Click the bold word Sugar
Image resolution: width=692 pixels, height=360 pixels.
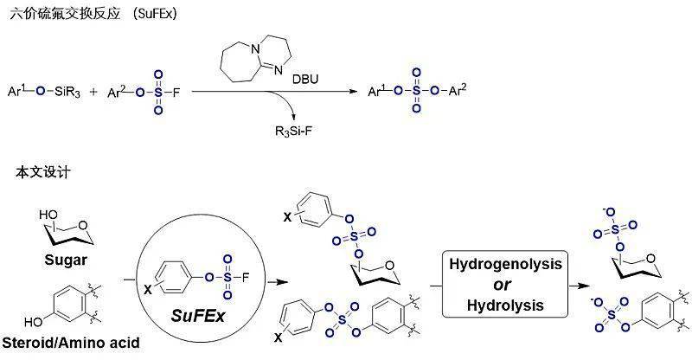pos(60,260)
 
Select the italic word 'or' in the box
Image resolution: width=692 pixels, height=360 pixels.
pos(501,284)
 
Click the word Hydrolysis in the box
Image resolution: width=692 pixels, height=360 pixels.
pos(501,305)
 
